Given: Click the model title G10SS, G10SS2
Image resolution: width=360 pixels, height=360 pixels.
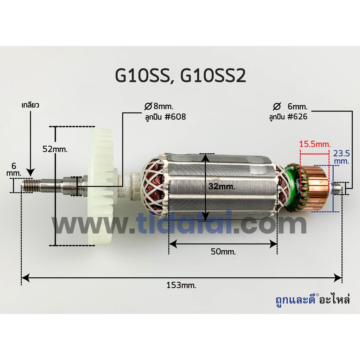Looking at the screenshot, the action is pos(180,76).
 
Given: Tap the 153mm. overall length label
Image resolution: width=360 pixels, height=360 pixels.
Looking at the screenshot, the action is pos(181,285).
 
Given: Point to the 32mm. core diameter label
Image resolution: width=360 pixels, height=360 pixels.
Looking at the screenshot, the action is pos(221,186).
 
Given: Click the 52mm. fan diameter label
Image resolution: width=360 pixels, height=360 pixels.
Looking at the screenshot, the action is pos(55,149).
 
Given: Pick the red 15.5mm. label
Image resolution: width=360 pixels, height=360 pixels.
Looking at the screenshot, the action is pos(315,144).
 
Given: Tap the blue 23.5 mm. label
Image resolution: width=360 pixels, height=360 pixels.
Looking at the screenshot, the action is pos(341,157).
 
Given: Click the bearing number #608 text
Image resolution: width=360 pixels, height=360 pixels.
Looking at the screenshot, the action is pos(175,117).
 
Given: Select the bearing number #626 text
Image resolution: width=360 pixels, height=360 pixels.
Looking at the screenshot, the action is pos(297,117).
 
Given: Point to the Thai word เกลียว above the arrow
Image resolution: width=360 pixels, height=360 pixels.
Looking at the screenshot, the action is pos(30,105).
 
